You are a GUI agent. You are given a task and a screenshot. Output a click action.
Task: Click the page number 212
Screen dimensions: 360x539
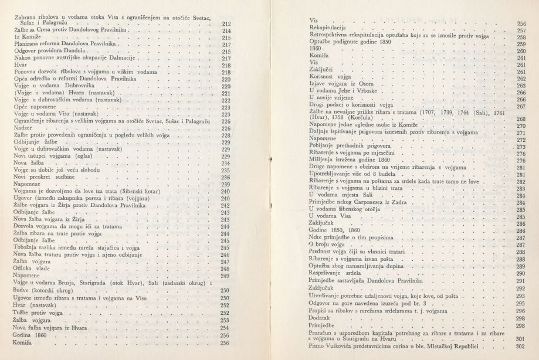tap(227, 23)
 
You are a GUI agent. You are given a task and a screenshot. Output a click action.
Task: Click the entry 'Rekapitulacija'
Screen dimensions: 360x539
tap(328, 28)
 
